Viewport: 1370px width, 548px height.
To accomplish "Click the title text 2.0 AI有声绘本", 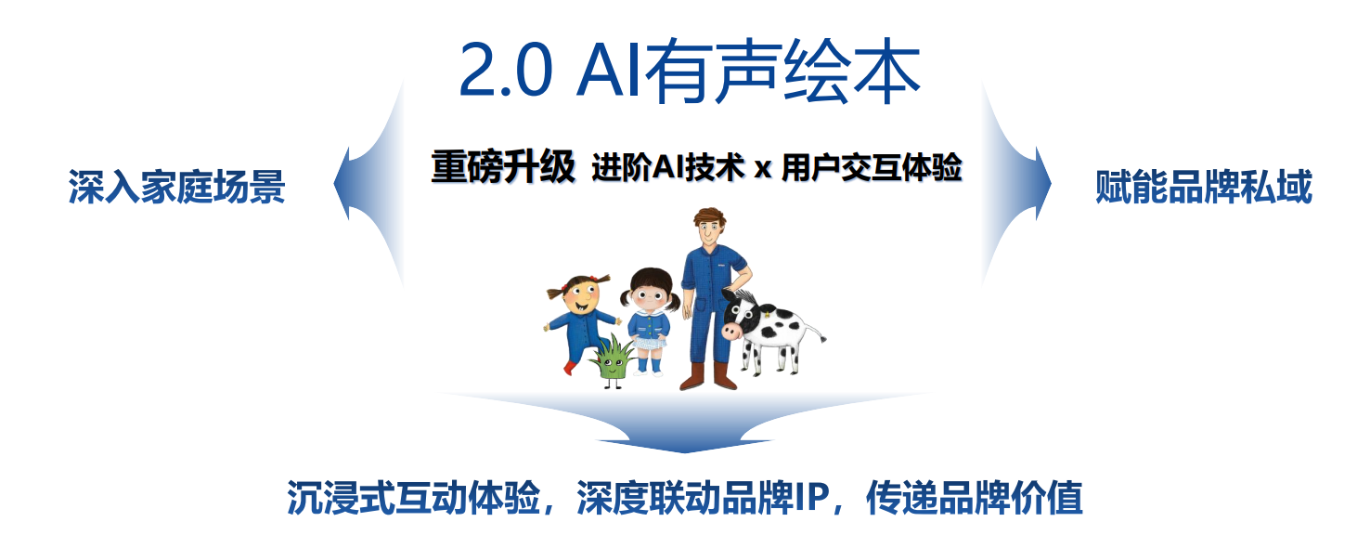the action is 690,71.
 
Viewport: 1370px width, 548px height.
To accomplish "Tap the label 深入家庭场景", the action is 176,186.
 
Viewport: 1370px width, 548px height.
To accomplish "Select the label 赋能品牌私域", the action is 1204,186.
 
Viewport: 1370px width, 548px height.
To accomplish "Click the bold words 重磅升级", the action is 503,166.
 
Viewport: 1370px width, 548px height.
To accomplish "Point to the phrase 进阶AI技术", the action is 668,167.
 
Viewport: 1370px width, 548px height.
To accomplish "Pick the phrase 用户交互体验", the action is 872,167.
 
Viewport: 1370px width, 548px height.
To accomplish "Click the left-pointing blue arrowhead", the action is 346,183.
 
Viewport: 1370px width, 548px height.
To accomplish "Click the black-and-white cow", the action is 770,331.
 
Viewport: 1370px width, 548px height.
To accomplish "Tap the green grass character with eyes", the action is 613,361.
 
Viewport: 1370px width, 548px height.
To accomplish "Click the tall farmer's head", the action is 709,227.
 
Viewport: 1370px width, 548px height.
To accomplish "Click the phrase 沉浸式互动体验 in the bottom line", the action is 414,498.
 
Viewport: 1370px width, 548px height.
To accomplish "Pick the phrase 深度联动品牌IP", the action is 704,498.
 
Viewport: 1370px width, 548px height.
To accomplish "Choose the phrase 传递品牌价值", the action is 975,498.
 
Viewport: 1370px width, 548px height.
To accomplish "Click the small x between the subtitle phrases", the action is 763,169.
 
